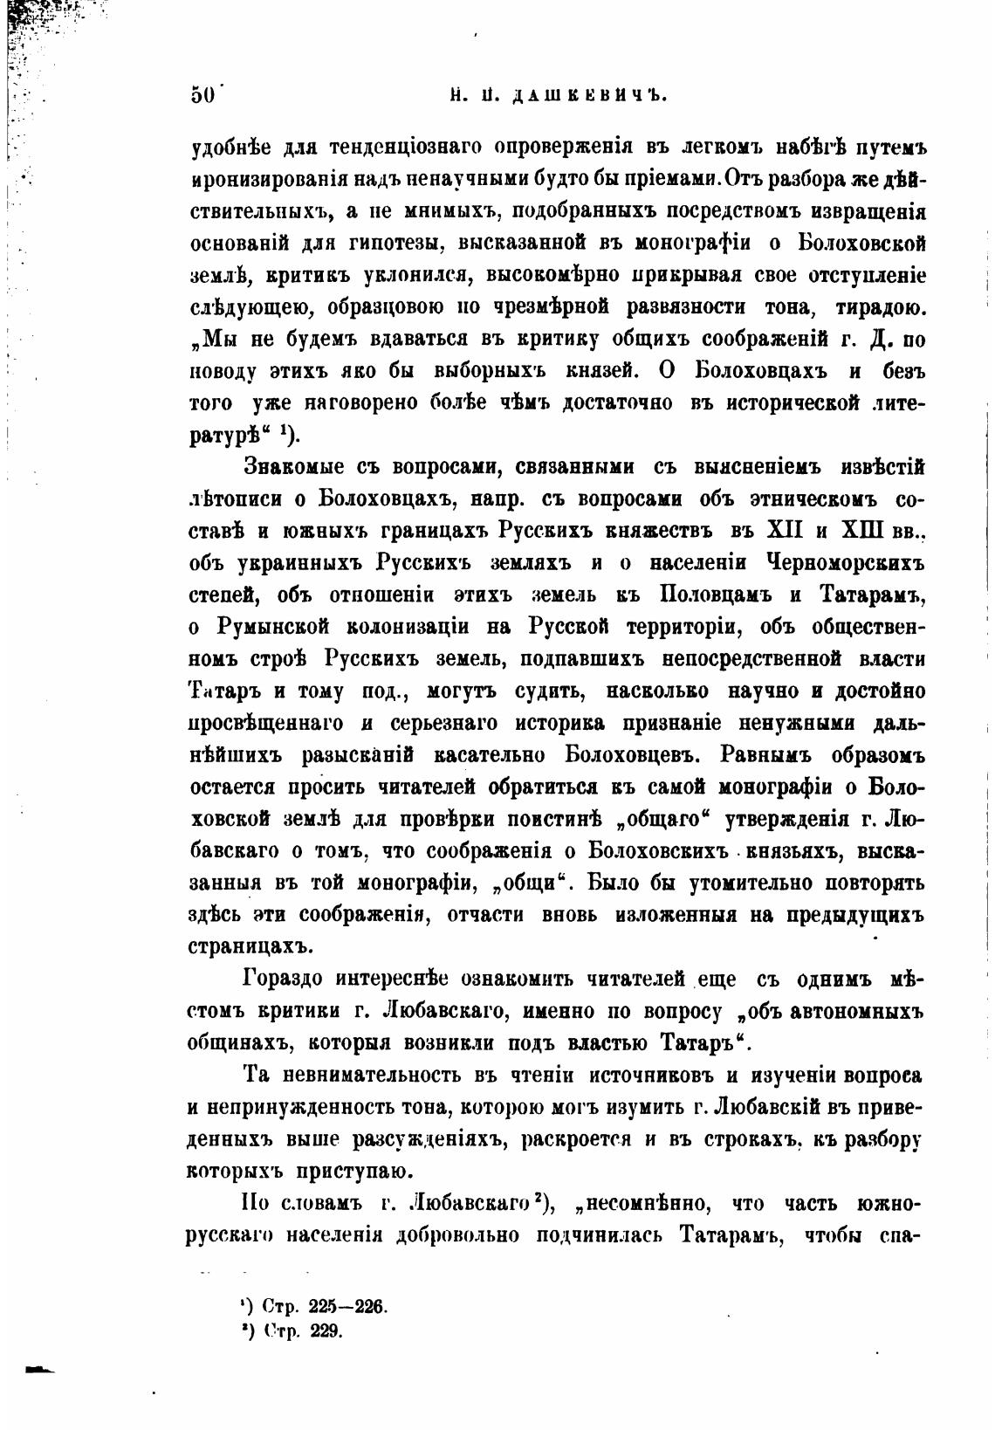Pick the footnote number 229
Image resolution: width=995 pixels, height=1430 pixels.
323,1331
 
